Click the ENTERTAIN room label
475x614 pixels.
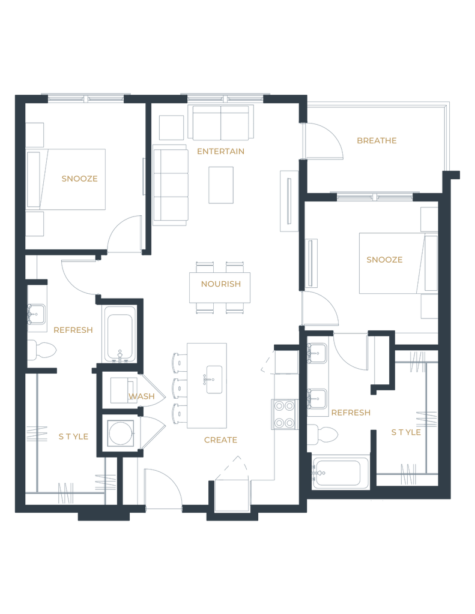[220, 152]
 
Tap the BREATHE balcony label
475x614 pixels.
[377, 140]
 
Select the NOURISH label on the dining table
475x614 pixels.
[221, 284]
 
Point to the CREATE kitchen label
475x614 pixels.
[220, 440]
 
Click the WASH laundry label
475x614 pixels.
[142, 396]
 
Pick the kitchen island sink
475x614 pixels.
[214, 380]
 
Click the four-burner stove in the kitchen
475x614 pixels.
[285, 414]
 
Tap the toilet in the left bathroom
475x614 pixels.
[41, 350]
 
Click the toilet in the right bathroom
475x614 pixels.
[322, 435]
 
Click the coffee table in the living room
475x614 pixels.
[221, 185]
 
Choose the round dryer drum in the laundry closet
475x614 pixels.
[120, 433]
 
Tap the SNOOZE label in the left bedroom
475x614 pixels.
[80, 179]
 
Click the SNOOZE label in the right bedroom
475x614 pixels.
[384, 260]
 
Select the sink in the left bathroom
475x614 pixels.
[37, 314]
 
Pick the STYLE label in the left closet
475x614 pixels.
[73, 437]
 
